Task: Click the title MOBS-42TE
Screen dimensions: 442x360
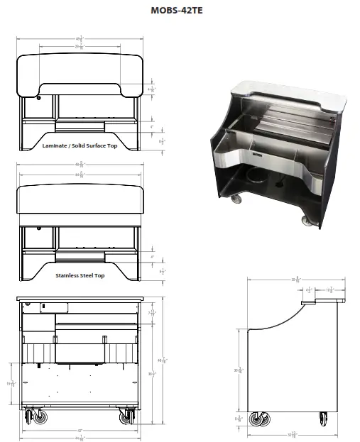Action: (x=180, y=11)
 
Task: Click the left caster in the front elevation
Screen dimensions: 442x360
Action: (x=33, y=417)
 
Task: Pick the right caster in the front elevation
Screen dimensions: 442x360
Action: (x=126, y=417)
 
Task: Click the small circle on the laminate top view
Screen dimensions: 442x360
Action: (x=40, y=97)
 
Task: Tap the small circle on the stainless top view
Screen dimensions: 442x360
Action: (x=40, y=229)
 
